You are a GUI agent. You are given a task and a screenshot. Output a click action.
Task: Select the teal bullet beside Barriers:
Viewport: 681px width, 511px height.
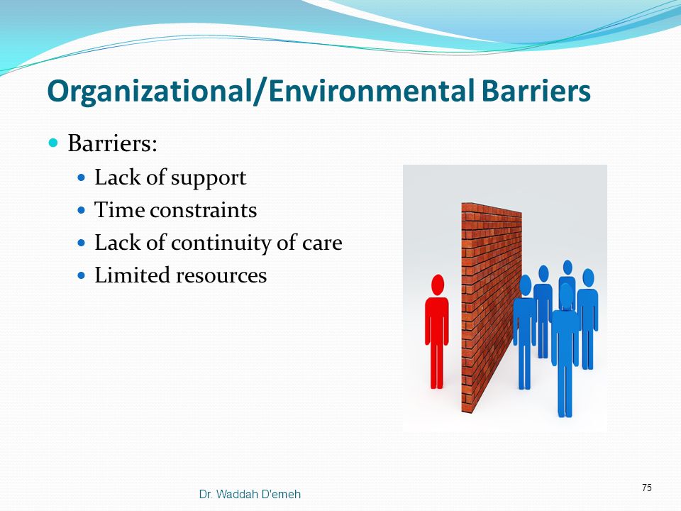point(53,143)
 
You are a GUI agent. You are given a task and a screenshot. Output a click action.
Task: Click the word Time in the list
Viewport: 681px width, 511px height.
point(119,209)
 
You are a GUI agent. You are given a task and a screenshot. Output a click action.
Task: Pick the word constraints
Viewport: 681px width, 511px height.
point(204,210)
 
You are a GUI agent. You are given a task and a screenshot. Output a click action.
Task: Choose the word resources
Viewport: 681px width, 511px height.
point(221,276)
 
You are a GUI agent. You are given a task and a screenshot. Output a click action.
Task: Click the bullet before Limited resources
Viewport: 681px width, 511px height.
point(81,275)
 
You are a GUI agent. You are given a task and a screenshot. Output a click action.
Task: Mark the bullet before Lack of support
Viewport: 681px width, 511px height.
point(81,177)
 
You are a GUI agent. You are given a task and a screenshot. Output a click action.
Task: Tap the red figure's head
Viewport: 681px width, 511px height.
point(438,285)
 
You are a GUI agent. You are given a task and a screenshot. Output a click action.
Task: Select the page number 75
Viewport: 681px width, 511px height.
point(647,488)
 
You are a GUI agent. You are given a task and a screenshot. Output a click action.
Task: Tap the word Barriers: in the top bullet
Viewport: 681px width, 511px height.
point(112,143)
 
